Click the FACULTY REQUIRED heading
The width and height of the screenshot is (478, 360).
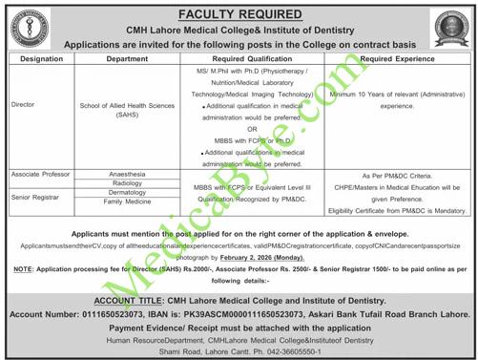coord(238,13)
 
